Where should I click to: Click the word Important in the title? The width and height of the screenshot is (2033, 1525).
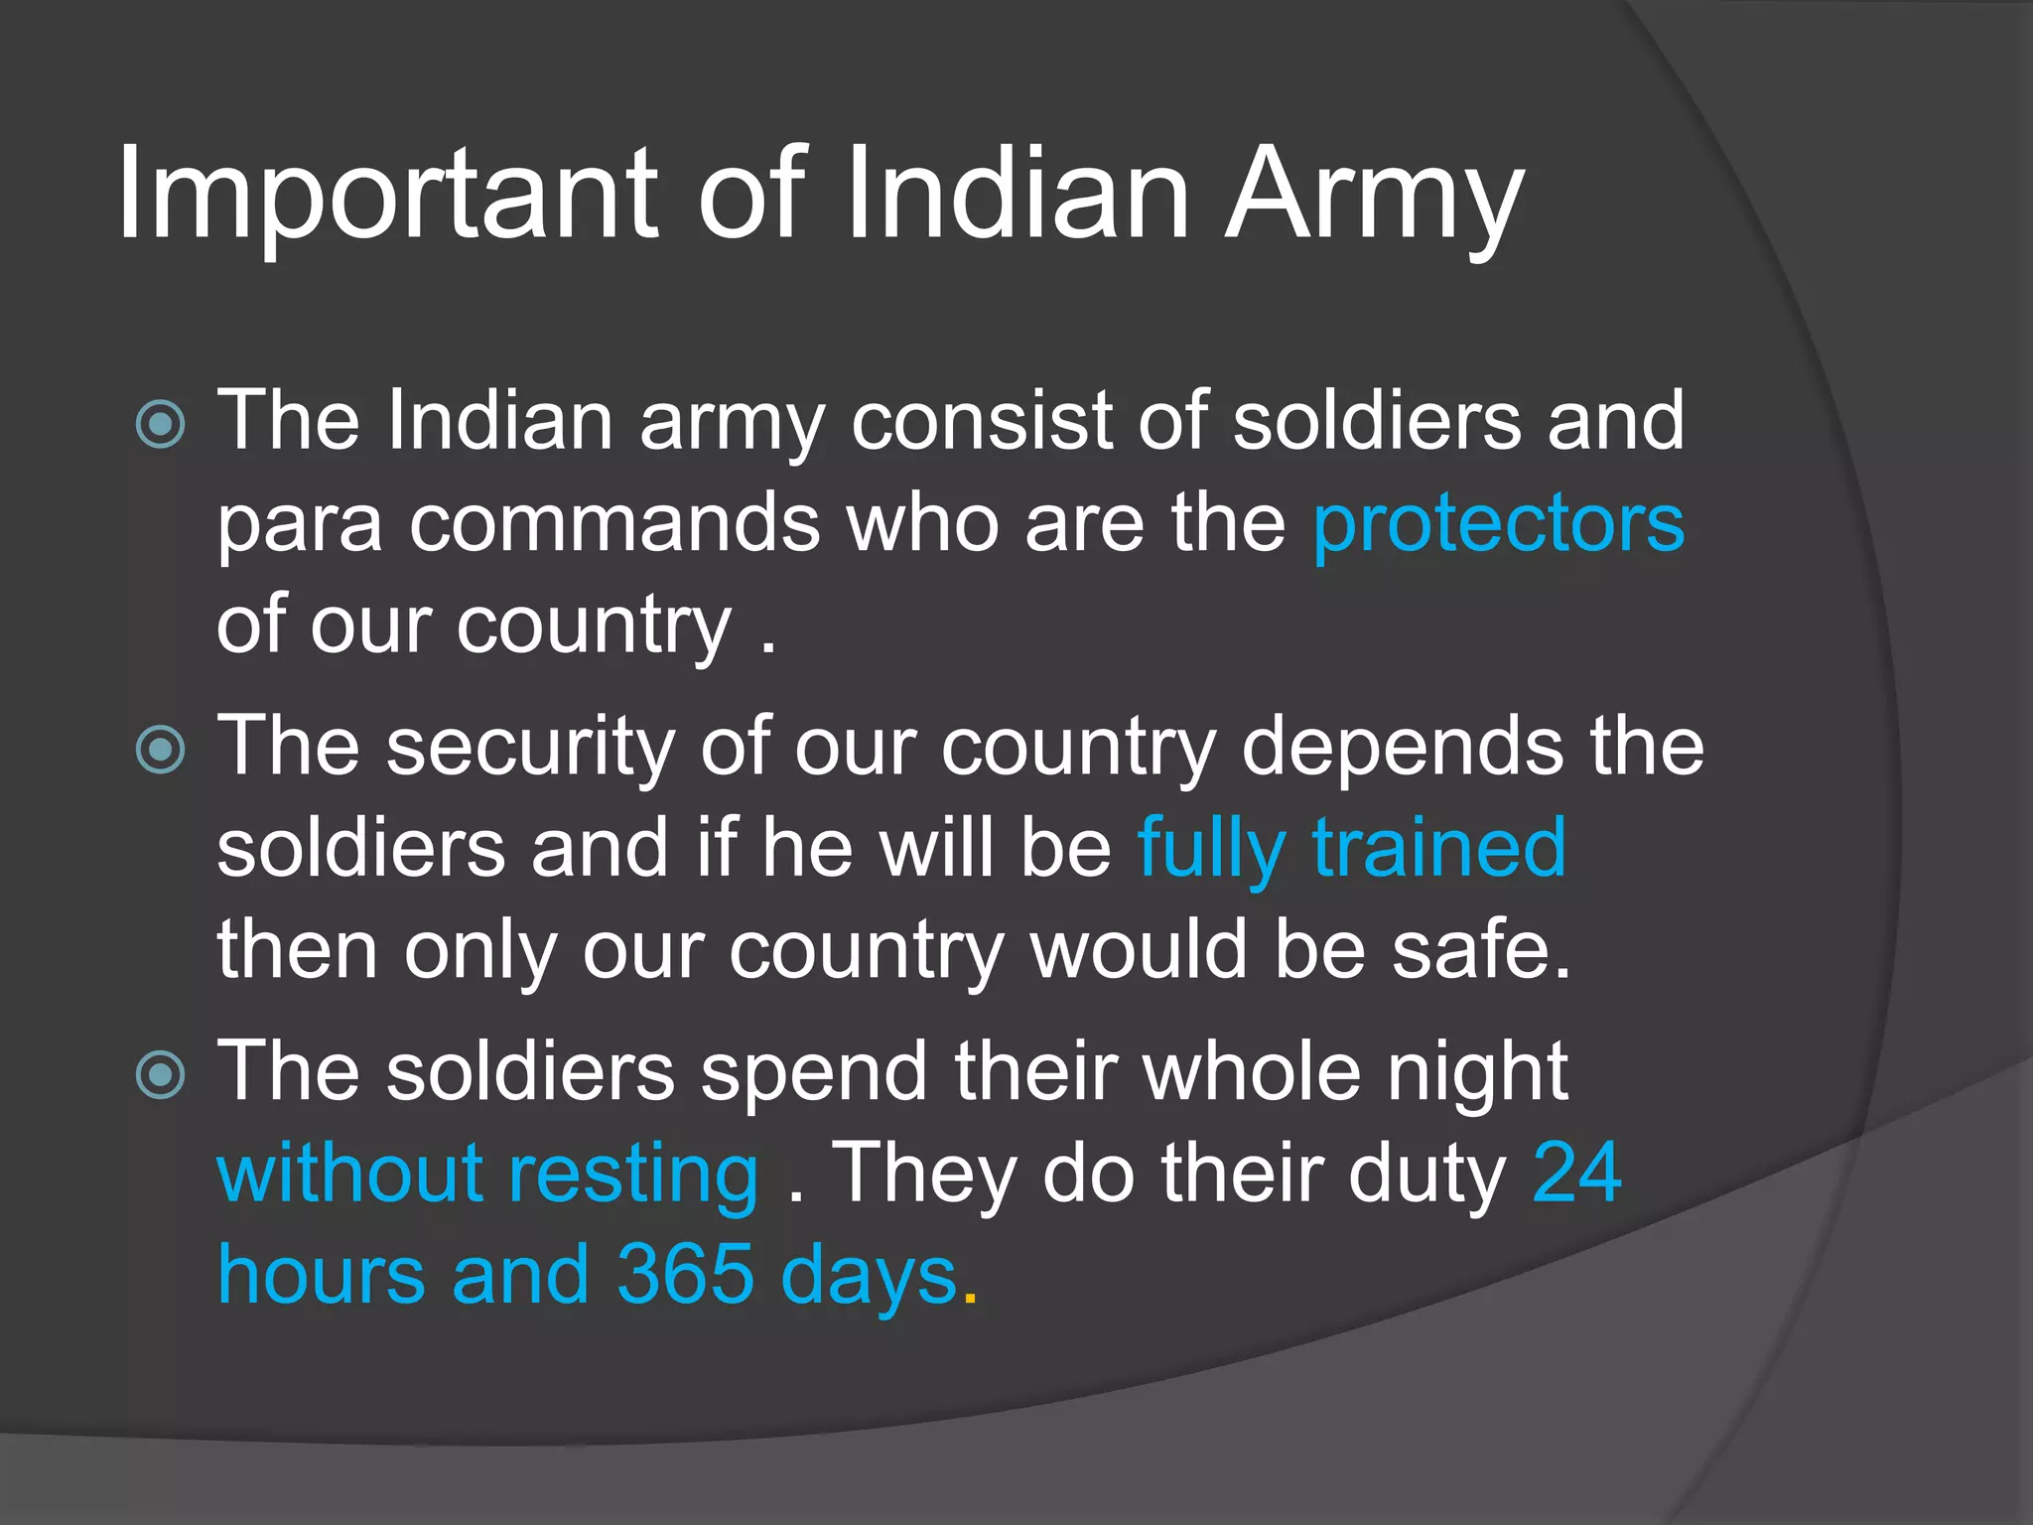click(387, 194)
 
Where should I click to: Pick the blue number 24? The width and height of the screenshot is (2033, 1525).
click(1576, 1173)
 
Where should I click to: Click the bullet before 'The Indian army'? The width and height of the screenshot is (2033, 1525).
click(160, 425)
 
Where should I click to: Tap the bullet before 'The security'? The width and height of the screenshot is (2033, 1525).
click(160, 750)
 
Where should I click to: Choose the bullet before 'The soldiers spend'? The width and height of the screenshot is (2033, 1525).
click(160, 1074)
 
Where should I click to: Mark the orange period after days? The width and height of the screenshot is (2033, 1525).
click(970, 1297)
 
